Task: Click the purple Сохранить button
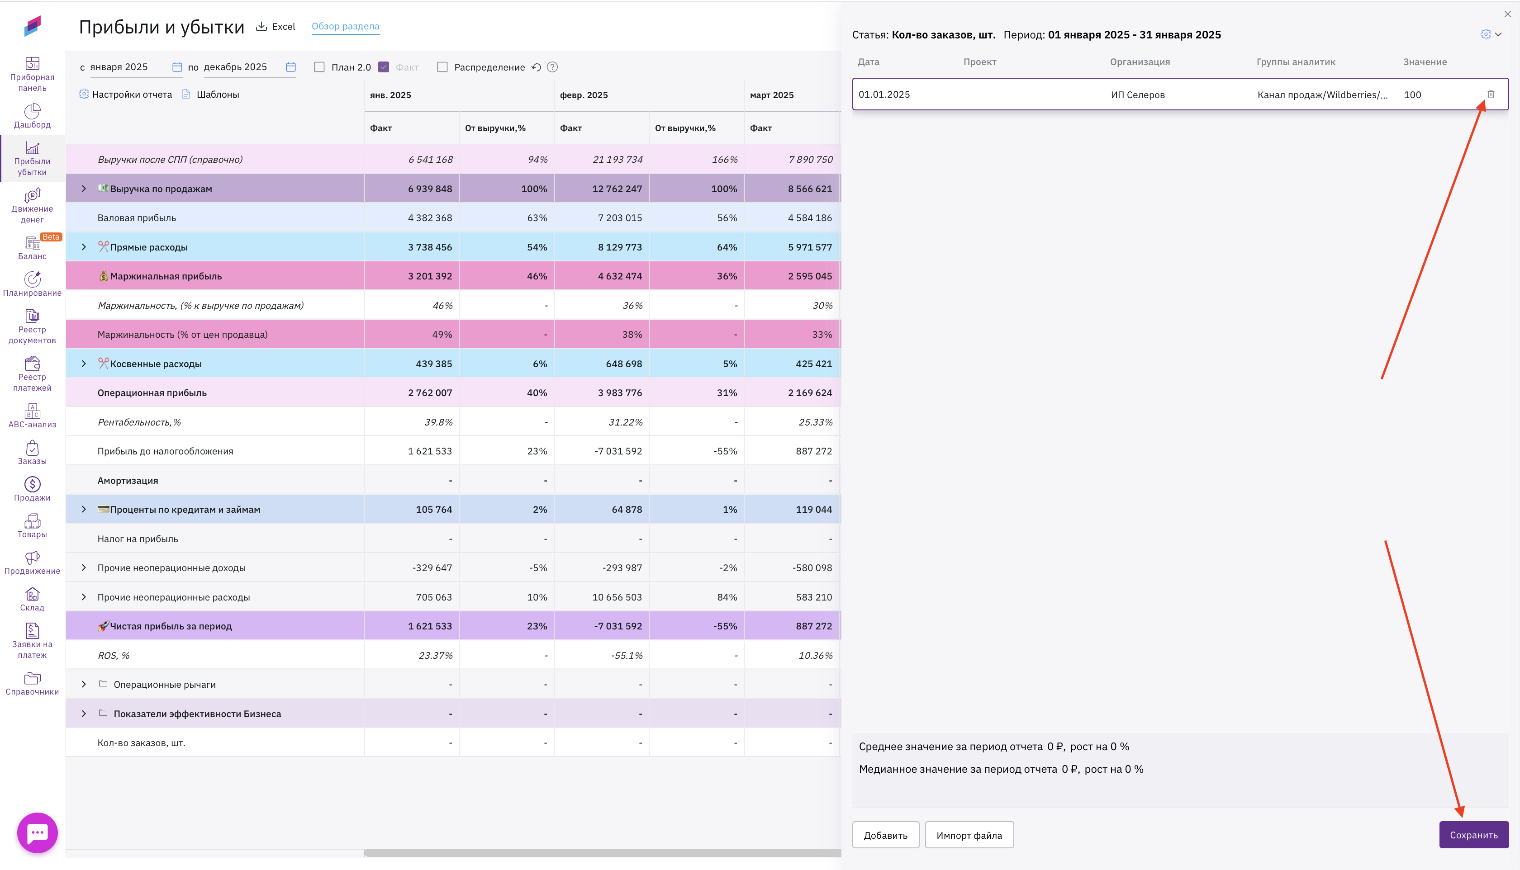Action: click(1473, 835)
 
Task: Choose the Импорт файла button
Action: click(969, 835)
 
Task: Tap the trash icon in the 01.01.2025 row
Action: click(1491, 95)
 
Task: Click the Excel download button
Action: click(275, 26)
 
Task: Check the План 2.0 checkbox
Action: click(320, 67)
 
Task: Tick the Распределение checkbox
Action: click(442, 67)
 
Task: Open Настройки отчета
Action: click(125, 95)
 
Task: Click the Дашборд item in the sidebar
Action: click(32, 116)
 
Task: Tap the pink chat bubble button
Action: click(38, 832)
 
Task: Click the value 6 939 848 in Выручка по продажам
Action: click(430, 189)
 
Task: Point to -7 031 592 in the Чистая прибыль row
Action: click(617, 626)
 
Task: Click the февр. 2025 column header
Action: click(584, 95)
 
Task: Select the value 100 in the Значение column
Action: click(1412, 95)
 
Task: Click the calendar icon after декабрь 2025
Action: click(291, 67)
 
